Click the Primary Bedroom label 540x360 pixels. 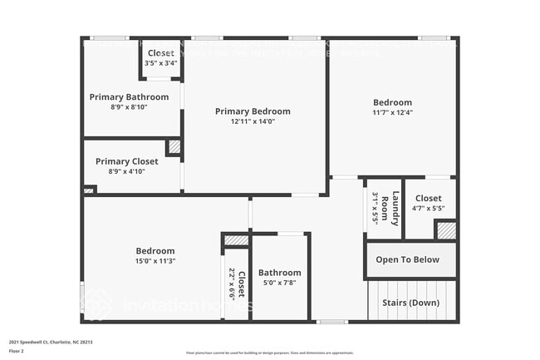click(253, 111)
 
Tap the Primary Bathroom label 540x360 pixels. click(129, 97)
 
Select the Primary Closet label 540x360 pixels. click(126, 161)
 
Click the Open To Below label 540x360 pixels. click(407, 259)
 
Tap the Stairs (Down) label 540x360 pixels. click(410, 303)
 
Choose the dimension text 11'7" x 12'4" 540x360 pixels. click(392, 113)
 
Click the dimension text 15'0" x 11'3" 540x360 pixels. click(155, 261)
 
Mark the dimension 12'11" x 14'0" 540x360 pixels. click(253, 121)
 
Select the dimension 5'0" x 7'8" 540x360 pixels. click(279, 283)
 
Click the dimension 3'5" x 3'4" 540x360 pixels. click(160, 63)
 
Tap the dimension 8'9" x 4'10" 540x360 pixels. click(126, 171)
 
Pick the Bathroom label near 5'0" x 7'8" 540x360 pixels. click(279, 273)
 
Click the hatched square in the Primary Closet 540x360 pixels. click(174, 147)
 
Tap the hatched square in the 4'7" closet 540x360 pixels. click(446, 229)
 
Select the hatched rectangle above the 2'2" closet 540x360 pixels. click(236, 240)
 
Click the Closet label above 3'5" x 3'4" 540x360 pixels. click(160, 53)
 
